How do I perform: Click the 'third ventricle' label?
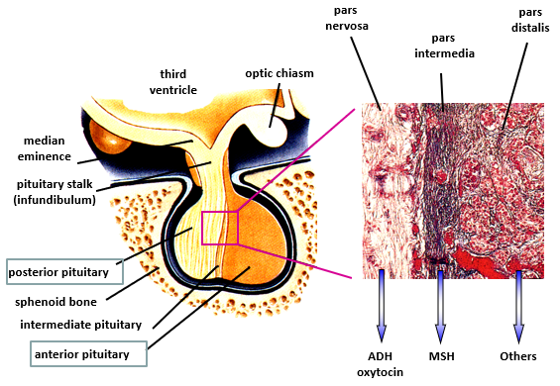pyautogui.click(x=180, y=82)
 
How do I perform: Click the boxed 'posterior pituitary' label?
pyautogui.click(x=63, y=269)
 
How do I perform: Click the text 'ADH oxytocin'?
pyautogui.click(x=381, y=363)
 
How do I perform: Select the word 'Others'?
pyautogui.click(x=518, y=356)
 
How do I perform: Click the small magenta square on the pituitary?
pyautogui.click(x=220, y=228)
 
